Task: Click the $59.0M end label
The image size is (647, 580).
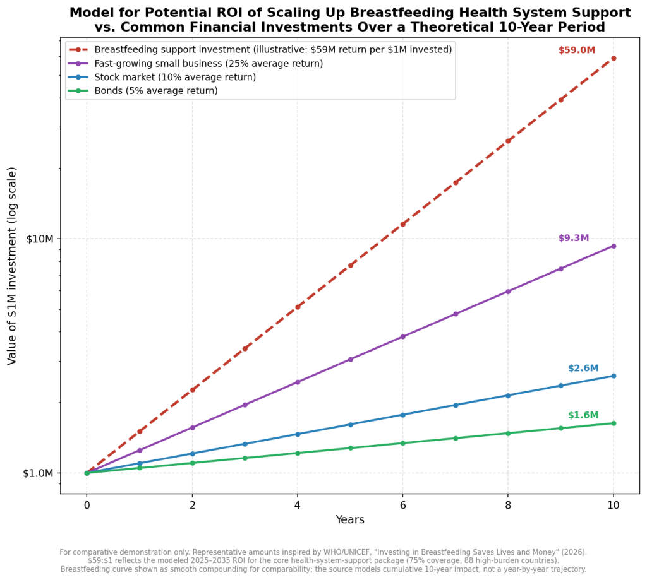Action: [x=576, y=50]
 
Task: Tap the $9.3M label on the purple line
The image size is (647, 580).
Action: [x=574, y=238]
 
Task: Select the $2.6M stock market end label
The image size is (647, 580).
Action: [x=583, y=368]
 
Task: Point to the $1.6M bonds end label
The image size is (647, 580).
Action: [x=583, y=415]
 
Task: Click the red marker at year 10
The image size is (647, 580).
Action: [x=614, y=59]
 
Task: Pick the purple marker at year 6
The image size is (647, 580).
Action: [x=402, y=337]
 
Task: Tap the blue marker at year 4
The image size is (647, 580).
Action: [x=298, y=434]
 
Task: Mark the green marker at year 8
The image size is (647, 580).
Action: [x=508, y=433]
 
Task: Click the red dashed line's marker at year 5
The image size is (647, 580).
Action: [x=350, y=265]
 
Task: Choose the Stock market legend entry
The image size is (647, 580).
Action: [x=162, y=77]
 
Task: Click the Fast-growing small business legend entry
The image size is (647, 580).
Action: [x=196, y=64]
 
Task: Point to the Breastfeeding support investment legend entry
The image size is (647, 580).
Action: [x=260, y=50]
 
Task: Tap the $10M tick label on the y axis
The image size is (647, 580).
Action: [x=40, y=239]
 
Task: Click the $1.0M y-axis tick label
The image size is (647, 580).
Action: [x=38, y=473]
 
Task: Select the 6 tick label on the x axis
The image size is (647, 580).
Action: [x=402, y=505]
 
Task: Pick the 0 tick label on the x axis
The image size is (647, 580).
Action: [x=87, y=505]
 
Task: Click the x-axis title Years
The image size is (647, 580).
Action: [x=350, y=519]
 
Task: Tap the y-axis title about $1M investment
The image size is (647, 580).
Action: [x=12, y=266]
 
